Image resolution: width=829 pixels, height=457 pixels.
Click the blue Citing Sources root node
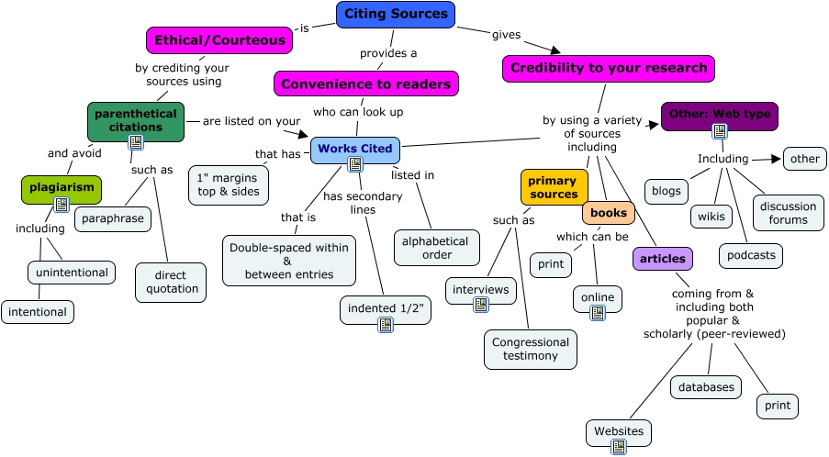pos(396,14)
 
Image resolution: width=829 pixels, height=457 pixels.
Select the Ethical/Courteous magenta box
pos(219,40)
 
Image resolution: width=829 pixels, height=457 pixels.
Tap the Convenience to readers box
pos(365,84)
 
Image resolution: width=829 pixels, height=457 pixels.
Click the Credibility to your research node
pos(608,68)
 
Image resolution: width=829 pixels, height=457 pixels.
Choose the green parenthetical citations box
pos(136,121)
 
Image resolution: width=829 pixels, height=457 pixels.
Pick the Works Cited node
pos(354,149)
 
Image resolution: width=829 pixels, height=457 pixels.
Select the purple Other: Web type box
pos(719,114)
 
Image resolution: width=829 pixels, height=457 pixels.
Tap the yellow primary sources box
pos(553,187)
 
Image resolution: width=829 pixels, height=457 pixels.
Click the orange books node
pos(608,213)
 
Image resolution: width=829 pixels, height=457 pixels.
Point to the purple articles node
pos(662,259)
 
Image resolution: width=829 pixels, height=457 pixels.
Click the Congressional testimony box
pos(531,349)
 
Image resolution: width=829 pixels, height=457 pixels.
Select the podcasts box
pos(750,255)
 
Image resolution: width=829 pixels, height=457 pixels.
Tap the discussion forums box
pos(789,213)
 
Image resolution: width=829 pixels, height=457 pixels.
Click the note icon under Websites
pos(619,447)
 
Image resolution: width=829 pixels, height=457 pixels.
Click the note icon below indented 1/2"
pos(386,324)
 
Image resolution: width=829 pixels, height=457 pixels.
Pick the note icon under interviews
pos(481,305)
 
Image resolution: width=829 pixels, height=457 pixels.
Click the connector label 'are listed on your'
pos(251,120)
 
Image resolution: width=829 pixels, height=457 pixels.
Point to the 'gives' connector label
pos(506,35)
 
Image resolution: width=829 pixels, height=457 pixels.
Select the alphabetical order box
pos(437,248)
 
